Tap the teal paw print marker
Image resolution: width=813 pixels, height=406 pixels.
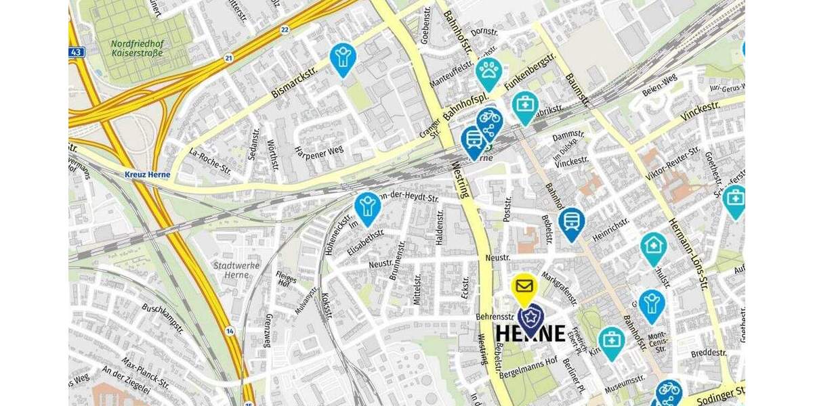point(488,71)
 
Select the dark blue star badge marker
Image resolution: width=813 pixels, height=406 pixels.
point(530,318)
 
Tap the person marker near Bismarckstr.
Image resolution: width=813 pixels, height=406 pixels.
point(343,57)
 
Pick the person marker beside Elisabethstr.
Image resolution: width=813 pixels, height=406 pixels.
point(367,206)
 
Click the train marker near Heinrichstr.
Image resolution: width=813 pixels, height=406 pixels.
point(571,221)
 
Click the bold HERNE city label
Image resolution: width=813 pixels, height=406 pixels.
point(530,334)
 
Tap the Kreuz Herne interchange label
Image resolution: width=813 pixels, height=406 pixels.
point(147,175)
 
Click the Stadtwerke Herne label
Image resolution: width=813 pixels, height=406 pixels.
point(236,270)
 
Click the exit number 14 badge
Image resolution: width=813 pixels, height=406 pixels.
point(230,331)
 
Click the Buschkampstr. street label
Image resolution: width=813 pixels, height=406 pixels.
point(163,318)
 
